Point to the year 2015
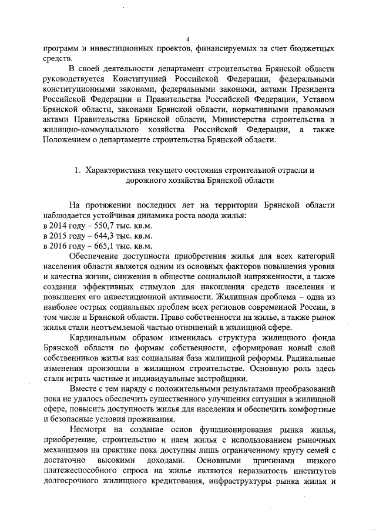coord(61,236)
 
